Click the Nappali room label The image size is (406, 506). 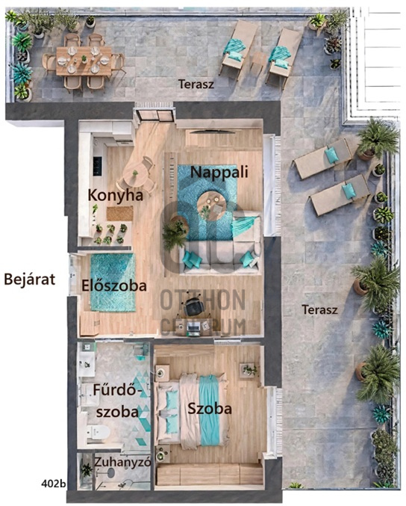click(219, 173)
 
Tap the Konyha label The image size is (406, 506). click(116, 196)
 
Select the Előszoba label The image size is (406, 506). click(114, 286)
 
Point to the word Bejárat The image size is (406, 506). click(30, 279)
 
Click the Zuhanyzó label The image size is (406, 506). click(122, 463)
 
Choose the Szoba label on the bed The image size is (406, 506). click(210, 409)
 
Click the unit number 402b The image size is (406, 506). click(54, 484)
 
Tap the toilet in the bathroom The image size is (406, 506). click(98, 431)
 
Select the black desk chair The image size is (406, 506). click(193, 306)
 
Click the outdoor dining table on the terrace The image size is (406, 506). click(84, 61)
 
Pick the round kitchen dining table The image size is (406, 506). click(135, 175)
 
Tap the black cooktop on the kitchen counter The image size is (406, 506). click(97, 166)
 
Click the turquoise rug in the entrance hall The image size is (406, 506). click(113, 283)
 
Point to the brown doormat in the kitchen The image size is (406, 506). click(120, 214)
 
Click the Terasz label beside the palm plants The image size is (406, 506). click(319, 309)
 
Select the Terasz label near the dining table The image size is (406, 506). click(196, 84)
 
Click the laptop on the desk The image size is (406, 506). click(193, 327)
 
